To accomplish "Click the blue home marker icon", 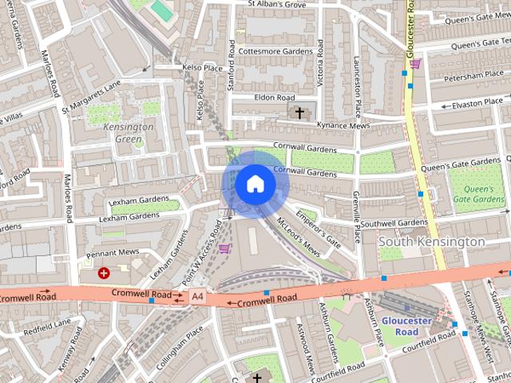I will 255,184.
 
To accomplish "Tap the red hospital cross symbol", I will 103,273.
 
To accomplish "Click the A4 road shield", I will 197,297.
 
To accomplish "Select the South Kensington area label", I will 431,241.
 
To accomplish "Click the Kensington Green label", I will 128,132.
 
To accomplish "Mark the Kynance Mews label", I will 343,126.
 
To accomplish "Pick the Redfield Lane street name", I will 47,327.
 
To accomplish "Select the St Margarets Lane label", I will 91,95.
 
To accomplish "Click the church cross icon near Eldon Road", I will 300,112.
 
